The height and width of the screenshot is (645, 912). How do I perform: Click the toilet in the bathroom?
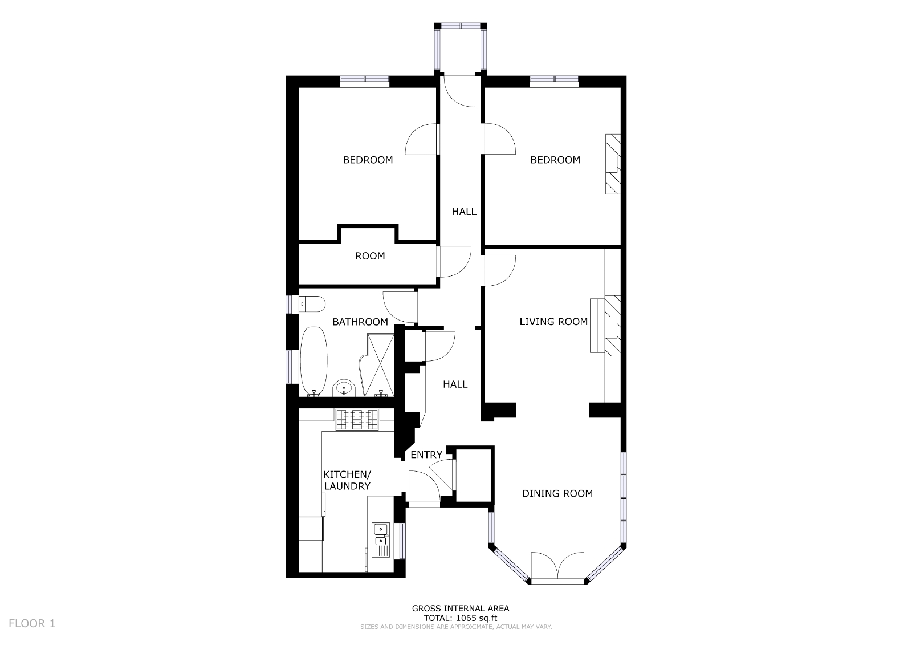pyautogui.click(x=312, y=304)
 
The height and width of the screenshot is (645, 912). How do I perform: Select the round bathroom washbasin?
pyautogui.click(x=344, y=388)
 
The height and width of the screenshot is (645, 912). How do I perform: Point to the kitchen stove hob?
pyautogui.click(x=357, y=420)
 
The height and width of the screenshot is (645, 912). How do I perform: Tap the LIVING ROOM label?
pyautogui.click(x=553, y=322)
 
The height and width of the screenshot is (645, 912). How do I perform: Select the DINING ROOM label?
pyautogui.click(x=557, y=493)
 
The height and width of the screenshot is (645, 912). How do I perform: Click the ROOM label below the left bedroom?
pyautogui.click(x=370, y=256)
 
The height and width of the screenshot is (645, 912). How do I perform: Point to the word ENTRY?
pyautogui.click(x=426, y=455)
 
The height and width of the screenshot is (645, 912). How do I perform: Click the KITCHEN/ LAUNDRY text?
pyautogui.click(x=347, y=480)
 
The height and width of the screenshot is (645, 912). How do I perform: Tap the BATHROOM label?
pyautogui.click(x=360, y=322)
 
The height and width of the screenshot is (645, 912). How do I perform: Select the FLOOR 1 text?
pyautogui.click(x=32, y=623)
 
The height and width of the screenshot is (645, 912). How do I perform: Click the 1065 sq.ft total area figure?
pyautogui.click(x=475, y=618)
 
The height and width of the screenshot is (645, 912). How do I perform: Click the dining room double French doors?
pyautogui.click(x=557, y=566)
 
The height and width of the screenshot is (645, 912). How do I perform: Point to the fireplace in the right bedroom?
pyautogui.click(x=613, y=164)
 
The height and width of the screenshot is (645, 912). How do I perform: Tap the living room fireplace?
pyautogui.click(x=605, y=326)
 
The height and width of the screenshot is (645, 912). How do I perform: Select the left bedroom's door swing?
pyautogui.click(x=422, y=139)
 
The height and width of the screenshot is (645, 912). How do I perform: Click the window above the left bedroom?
pyautogui.click(x=365, y=81)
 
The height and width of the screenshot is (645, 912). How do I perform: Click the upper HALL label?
pyautogui.click(x=464, y=212)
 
